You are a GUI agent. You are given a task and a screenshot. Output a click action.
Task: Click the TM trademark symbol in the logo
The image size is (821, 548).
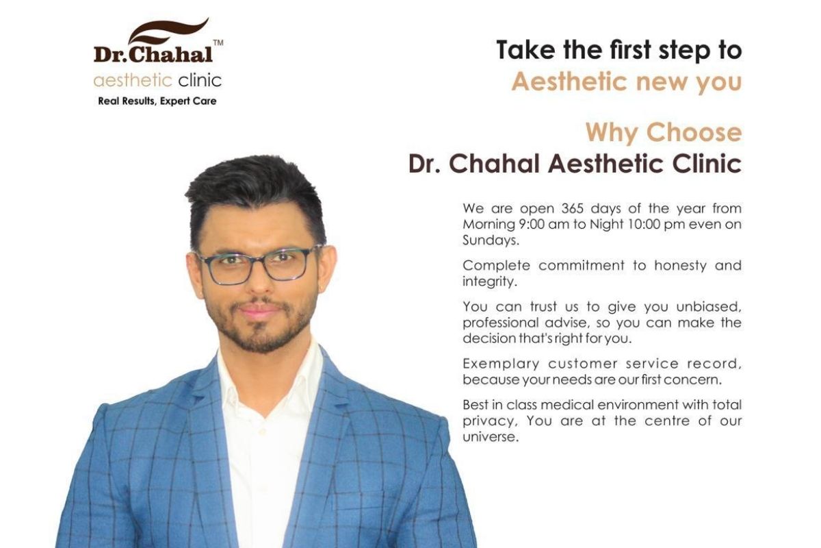tap(218, 43)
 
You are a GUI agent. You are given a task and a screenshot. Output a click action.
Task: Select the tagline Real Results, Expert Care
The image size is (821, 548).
tap(157, 101)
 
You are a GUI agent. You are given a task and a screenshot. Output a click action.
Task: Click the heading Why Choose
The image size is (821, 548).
tap(664, 132)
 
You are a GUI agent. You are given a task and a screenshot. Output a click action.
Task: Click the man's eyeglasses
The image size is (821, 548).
tap(258, 264)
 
